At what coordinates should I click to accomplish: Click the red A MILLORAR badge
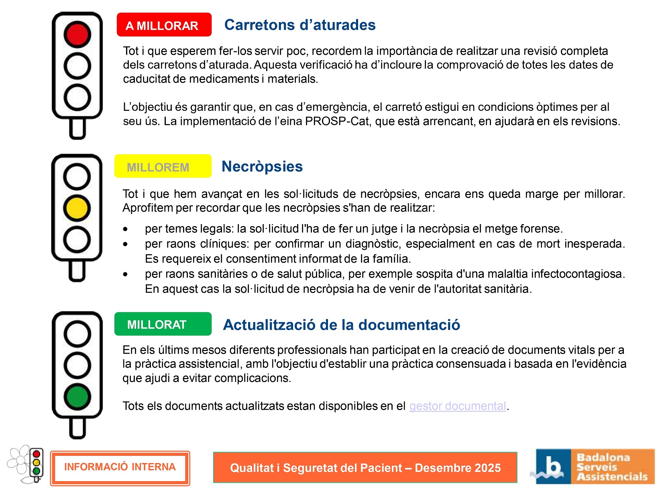coord(164,25)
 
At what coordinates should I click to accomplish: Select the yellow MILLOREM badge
coord(163,166)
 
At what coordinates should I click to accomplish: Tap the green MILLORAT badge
coord(163,324)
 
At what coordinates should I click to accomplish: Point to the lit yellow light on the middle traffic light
coord(77,208)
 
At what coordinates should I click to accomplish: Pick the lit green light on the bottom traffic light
coord(77,397)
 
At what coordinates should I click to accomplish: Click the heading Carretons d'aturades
coord(300,25)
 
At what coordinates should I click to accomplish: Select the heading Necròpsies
coord(262,166)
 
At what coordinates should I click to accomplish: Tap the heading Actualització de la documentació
coord(341,325)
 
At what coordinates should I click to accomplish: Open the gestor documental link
coord(457,406)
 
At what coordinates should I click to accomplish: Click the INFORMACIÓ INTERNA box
coord(120,467)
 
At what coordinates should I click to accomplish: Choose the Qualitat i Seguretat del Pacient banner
coord(365,468)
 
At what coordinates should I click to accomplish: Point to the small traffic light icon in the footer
coord(37,463)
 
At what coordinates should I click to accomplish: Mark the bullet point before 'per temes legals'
coord(126,229)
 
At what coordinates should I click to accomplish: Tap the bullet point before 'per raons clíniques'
coord(126,244)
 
